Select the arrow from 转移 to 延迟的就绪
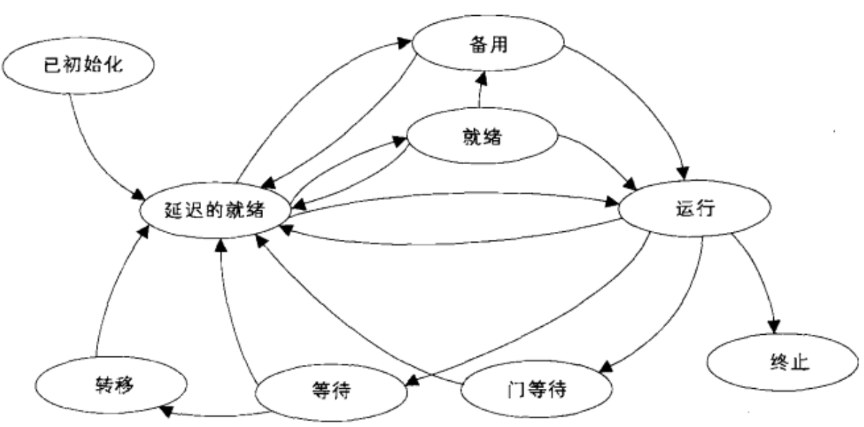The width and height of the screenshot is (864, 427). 108,288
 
